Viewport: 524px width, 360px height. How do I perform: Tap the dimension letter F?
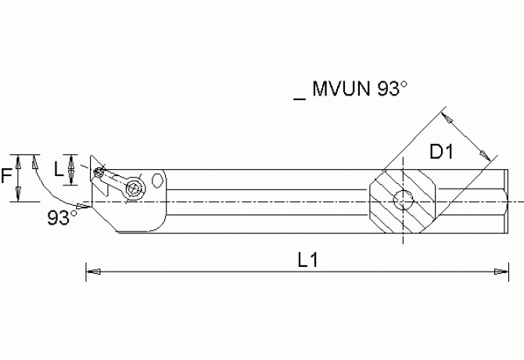click(7, 177)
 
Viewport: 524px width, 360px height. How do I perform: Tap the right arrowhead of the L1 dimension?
click(497, 272)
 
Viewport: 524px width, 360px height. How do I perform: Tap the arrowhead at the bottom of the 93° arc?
click(80, 208)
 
